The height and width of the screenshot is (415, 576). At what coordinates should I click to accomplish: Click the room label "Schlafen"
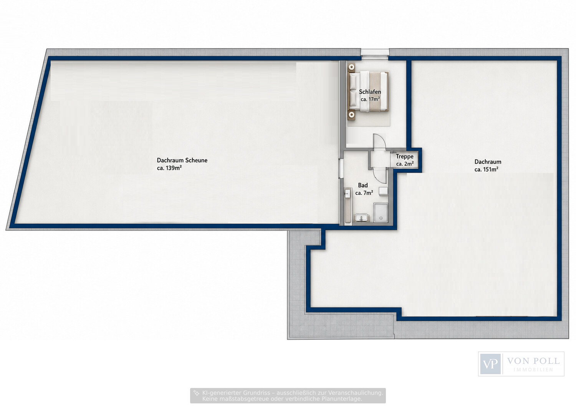pyautogui.click(x=370, y=92)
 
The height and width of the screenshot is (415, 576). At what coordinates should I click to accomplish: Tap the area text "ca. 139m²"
pyautogui.click(x=169, y=168)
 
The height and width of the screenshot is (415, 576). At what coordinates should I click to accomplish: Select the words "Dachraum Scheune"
pyautogui.click(x=182, y=160)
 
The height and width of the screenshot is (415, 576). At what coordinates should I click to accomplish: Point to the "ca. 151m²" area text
pyautogui.click(x=486, y=169)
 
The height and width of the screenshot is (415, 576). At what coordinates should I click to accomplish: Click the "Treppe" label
pyautogui.click(x=405, y=156)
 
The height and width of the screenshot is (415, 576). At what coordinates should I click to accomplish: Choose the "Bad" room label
pyautogui.click(x=363, y=185)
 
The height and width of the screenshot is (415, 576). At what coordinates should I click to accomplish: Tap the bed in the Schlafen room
pyautogui.click(x=369, y=92)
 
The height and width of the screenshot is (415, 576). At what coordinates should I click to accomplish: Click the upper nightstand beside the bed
pyautogui.click(x=351, y=67)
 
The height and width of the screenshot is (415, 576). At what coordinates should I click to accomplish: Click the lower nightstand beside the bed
pyautogui.click(x=351, y=116)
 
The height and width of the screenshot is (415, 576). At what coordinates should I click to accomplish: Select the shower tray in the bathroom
pyautogui.click(x=381, y=212)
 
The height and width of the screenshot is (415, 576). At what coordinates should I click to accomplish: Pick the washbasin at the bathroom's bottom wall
pyautogui.click(x=362, y=218)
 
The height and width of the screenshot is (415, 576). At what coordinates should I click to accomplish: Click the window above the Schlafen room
pyautogui.click(x=375, y=53)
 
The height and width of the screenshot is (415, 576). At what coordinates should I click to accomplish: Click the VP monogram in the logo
pyautogui.click(x=490, y=364)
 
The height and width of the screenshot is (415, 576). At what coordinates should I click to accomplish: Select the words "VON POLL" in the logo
pyautogui.click(x=533, y=361)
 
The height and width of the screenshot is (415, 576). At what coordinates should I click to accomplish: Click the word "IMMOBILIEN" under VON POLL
pyautogui.click(x=533, y=370)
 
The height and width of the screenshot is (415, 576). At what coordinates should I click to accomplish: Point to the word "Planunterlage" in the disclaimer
pyautogui.click(x=341, y=399)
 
